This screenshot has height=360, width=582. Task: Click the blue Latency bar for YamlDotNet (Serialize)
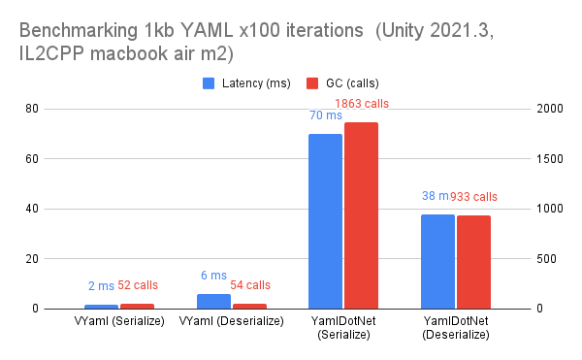click(325, 221)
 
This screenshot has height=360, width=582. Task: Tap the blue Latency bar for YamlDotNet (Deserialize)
click(437, 261)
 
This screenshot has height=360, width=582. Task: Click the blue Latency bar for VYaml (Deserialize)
click(213, 302)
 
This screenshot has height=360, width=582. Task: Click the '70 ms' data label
click(324, 115)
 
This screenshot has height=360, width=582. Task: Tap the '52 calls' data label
click(138, 285)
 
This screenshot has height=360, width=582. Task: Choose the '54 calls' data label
click(250, 285)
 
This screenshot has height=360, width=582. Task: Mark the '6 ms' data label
click(212, 276)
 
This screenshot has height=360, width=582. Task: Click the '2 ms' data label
click(101, 285)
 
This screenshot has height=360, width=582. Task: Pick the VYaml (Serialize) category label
click(119, 321)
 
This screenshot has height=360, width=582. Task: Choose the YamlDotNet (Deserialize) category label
click(455, 328)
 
